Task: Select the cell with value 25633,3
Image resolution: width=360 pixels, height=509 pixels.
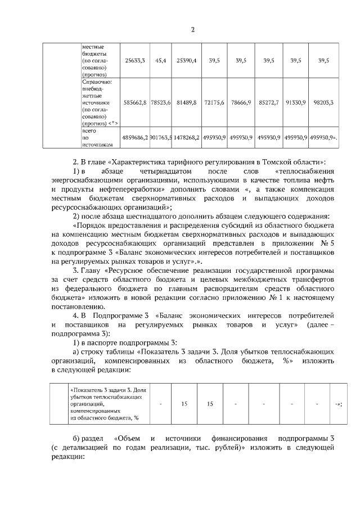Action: coord(135,60)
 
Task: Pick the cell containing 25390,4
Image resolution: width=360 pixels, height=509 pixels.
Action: coord(186,60)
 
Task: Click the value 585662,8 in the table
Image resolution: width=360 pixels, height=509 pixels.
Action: coord(135,103)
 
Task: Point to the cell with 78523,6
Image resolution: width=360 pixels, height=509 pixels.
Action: coord(160,103)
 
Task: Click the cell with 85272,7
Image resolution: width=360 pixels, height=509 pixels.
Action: coord(268,103)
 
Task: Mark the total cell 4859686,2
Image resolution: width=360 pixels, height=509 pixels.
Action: coord(135,137)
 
